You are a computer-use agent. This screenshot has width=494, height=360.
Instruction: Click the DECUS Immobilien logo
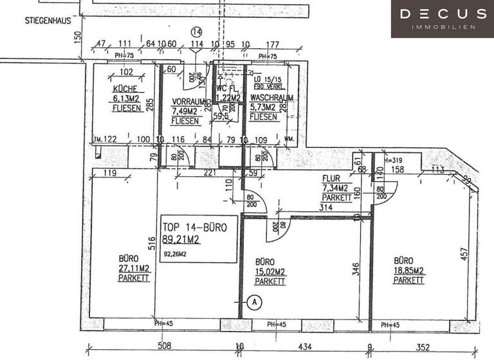[443, 19]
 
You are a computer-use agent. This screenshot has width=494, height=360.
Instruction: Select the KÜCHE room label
[125, 89]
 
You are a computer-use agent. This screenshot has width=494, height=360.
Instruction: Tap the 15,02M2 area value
[270, 272]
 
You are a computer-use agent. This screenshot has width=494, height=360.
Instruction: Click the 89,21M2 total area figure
[182, 239]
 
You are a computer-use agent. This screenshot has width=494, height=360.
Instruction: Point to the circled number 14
[196, 31]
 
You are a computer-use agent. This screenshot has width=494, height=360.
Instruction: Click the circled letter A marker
[254, 301]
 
